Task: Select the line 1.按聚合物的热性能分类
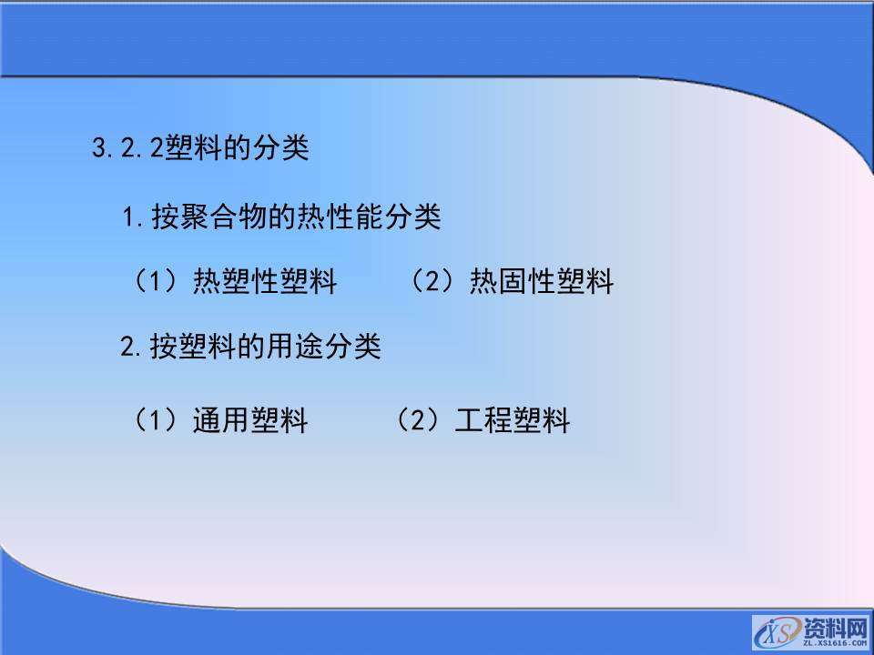[x=281, y=217]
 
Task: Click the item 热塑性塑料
[x=265, y=282]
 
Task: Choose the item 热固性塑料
[x=542, y=282]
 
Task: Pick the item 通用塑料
[x=250, y=421]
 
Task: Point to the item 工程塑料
[x=512, y=421]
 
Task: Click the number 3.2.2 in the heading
[x=127, y=148]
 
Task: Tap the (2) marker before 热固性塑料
[x=432, y=282]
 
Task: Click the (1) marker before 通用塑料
[x=155, y=421]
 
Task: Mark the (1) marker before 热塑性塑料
[x=155, y=282]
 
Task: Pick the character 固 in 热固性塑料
[x=513, y=282]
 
